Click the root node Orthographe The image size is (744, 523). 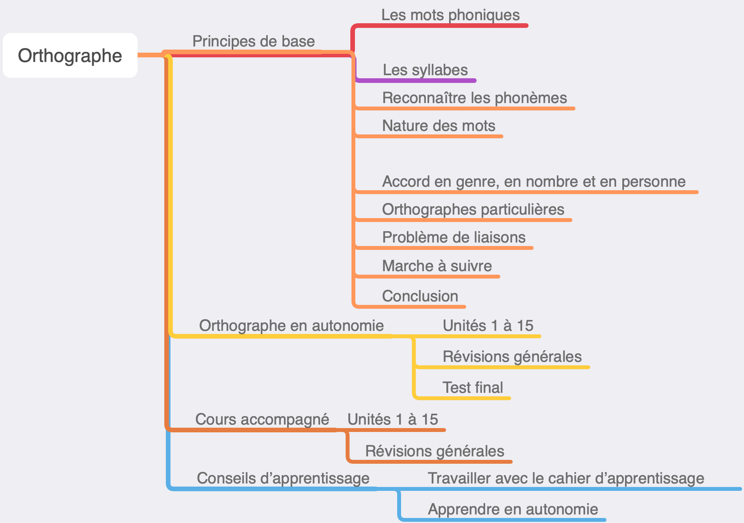pos(70,55)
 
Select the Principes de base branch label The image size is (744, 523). pos(253,41)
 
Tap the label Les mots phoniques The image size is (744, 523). pos(450,15)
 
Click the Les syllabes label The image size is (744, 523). pos(425,70)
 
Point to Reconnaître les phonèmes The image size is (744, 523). pos(474,98)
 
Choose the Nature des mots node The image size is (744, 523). pos(439,126)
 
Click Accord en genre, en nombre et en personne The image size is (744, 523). pos(534,182)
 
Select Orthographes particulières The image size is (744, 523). pos(473,210)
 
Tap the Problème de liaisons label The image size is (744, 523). pos(453,237)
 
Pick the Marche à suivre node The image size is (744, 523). pos(437,266)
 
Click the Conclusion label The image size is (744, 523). pos(420,296)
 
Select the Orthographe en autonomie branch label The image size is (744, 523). pos(291,326)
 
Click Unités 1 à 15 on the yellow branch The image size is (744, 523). pos(488,326)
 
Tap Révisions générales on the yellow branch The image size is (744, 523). pos(512,357)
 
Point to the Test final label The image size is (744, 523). pos(473,388)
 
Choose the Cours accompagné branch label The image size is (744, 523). pos(262,420)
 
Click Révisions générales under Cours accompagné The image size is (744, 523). pos(434,451)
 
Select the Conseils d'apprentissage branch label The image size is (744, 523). pos(283,478)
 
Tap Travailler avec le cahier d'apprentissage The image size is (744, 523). pos(566,478)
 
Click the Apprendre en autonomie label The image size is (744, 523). pos(513,509)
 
